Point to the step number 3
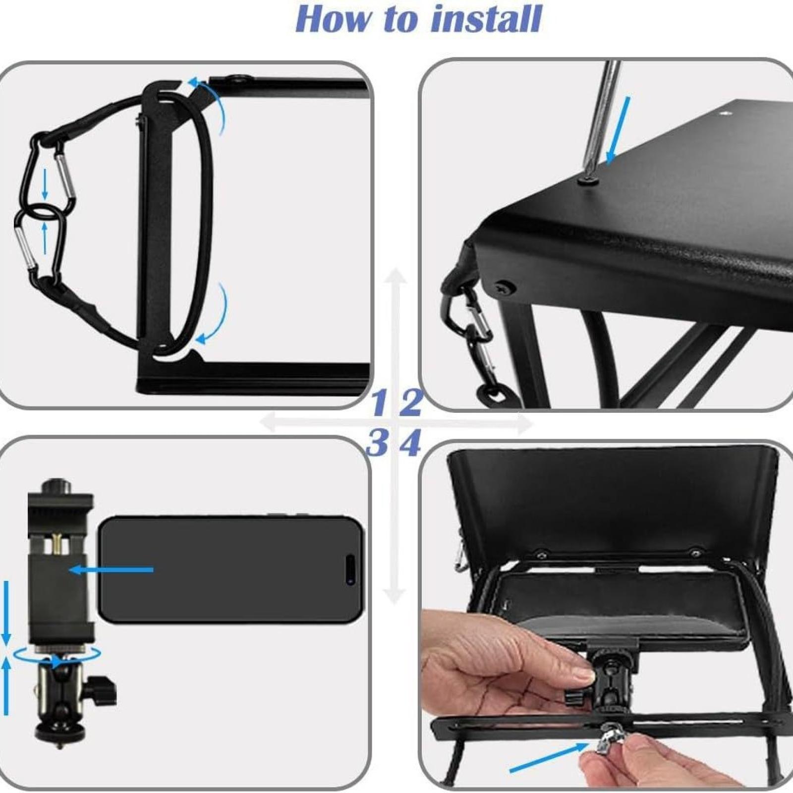(378, 443)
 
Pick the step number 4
(410, 443)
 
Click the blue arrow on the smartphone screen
(112, 570)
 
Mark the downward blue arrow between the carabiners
(45, 184)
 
